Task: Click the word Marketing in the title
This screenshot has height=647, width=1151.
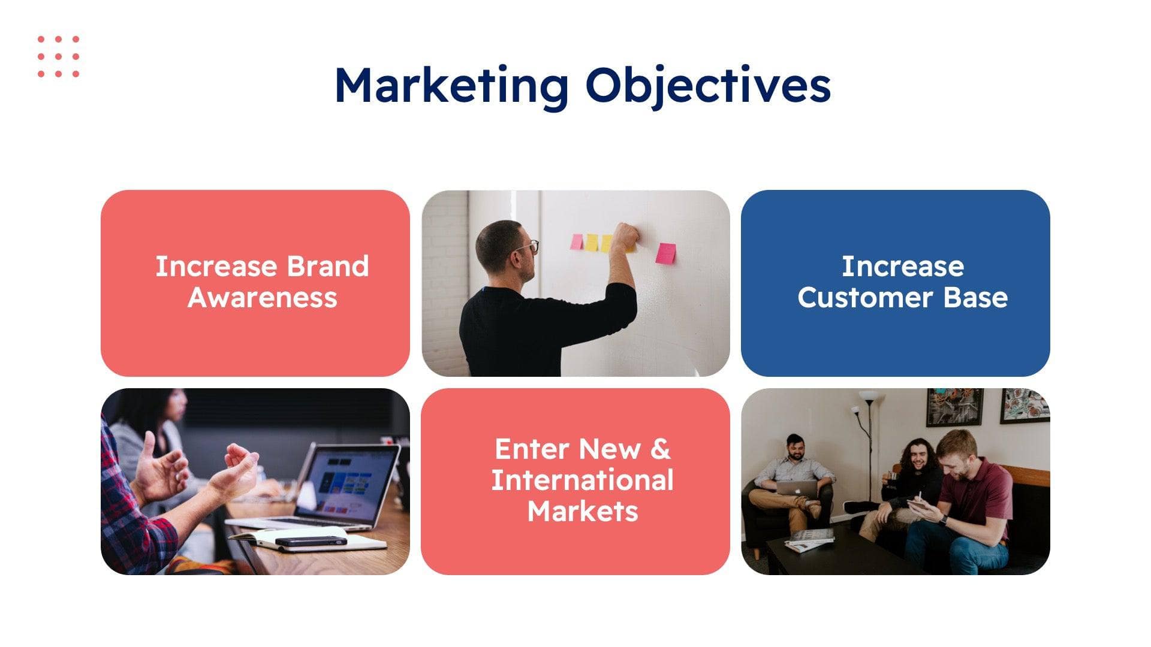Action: click(451, 86)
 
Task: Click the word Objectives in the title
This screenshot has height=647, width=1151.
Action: click(708, 86)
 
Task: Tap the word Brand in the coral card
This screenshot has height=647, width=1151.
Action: click(327, 267)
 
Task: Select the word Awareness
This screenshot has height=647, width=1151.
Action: click(262, 298)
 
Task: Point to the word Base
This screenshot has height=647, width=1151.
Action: click(975, 298)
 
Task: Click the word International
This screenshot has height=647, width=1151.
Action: click(582, 480)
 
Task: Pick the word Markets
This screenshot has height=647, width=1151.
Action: click(582, 512)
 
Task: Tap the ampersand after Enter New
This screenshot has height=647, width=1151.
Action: click(659, 449)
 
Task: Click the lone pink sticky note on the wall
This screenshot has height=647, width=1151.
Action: click(665, 253)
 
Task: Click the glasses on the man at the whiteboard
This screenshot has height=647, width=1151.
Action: click(530, 246)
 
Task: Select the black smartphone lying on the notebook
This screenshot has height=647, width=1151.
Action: click(311, 541)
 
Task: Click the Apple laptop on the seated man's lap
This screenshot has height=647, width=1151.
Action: click(796, 488)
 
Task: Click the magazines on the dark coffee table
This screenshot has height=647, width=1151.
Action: click(809, 539)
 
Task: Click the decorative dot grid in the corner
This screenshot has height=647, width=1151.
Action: click(58, 56)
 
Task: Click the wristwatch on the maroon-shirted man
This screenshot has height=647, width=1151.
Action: click(943, 520)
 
